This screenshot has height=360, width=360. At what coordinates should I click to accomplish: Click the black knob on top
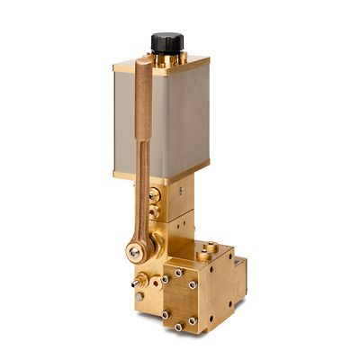point(166,41)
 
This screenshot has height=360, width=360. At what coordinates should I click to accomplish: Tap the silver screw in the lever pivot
point(134,253)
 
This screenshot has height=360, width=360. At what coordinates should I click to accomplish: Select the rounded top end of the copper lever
point(144,65)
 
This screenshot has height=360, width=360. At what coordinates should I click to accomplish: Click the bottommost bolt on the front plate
point(179,327)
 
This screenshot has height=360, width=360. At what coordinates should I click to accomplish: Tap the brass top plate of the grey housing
point(162,65)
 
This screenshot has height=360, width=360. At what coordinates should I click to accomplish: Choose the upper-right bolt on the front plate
point(193,285)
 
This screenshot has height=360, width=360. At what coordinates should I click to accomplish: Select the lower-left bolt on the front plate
point(165,314)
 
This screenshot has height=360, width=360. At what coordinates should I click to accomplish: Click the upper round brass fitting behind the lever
point(156,193)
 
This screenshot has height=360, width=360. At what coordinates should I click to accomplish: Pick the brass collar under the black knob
point(167,56)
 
